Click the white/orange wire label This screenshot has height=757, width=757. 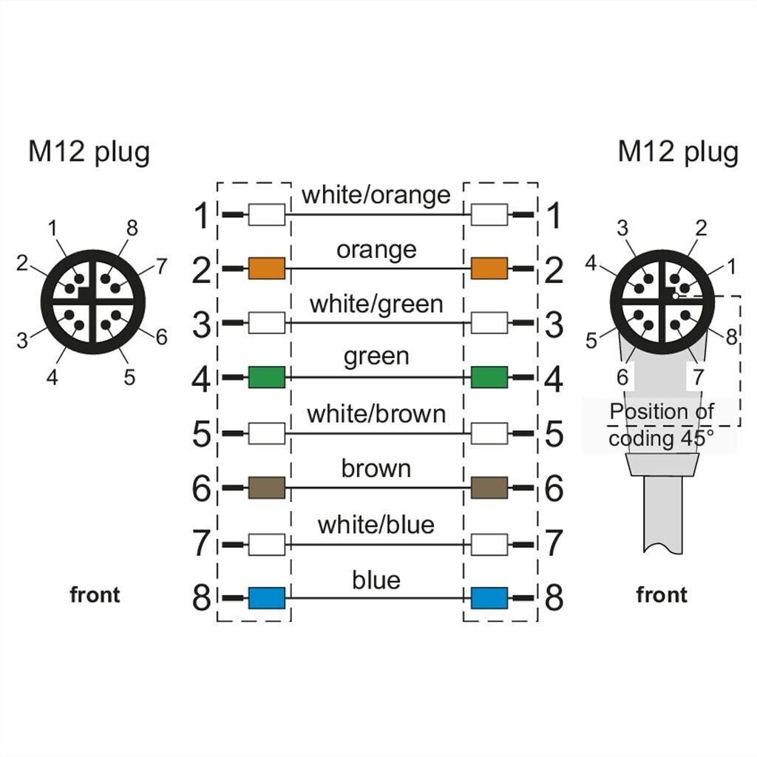pyautogui.click(x=376, y=195)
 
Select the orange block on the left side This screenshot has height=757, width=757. pyautogui.click(x=267, y=268)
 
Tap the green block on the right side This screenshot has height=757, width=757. pyautogui.click(x=489, y=377)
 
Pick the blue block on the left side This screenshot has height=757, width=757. pyautogui.click(x=267, y=597)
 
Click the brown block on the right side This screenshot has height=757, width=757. pyautogui.click(x=489, y=488)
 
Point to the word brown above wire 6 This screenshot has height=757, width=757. pyautogui.click(x=376, y=469)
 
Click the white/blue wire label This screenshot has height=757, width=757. pyautogui.click(x=376, y=525)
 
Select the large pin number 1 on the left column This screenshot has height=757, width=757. pyautogui.click(x=201, y=217)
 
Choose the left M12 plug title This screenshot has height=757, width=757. pyautogui.click(x=89, y=152)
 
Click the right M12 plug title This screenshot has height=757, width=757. pyautogui.click(x=678, y=152)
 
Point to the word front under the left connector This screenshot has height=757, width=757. pyautogui.click(x=95, y=595)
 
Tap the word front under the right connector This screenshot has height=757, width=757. pyautogui.click(x=661, y=595)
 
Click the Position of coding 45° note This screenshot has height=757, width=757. pyautogui.click(x=661, y=425)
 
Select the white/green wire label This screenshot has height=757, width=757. pyautogui.click(x=376, y=304)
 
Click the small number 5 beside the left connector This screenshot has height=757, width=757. pyautogui.click(x=129, y=378)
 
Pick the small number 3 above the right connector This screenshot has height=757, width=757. pyautogui.click(x=622, y=228)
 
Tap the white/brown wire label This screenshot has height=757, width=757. pyautogui.click(x=376, y=414)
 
